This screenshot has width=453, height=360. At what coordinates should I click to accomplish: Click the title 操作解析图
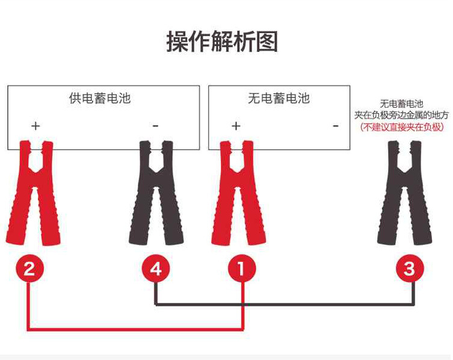[222, 42]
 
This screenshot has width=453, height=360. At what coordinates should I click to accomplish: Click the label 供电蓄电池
[100, 98]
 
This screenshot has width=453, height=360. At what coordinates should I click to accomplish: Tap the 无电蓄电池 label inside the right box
[279, 98]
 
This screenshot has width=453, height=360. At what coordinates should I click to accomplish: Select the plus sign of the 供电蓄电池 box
[35, 126]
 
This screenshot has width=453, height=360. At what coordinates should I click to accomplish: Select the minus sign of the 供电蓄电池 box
[155, 126]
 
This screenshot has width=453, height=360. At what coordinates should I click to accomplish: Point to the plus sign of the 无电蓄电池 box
[236, 126]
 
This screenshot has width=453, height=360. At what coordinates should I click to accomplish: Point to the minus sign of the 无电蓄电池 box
[336, 126]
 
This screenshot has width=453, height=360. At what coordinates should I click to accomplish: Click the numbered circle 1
[242, 268]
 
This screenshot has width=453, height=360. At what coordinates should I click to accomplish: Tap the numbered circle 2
[29, 268]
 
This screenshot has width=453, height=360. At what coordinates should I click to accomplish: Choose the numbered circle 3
[410, 268]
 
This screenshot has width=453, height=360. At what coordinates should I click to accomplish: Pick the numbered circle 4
[156, 268]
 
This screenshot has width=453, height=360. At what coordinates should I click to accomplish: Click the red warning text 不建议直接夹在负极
[402, 127]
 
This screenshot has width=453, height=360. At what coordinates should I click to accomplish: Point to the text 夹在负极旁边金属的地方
[402, 116]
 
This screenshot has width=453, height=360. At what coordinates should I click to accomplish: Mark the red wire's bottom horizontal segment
[136, 329]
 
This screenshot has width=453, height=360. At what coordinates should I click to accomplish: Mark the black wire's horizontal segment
[285, 304]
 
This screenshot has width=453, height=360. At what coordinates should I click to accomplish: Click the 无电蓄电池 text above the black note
[402, 104]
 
